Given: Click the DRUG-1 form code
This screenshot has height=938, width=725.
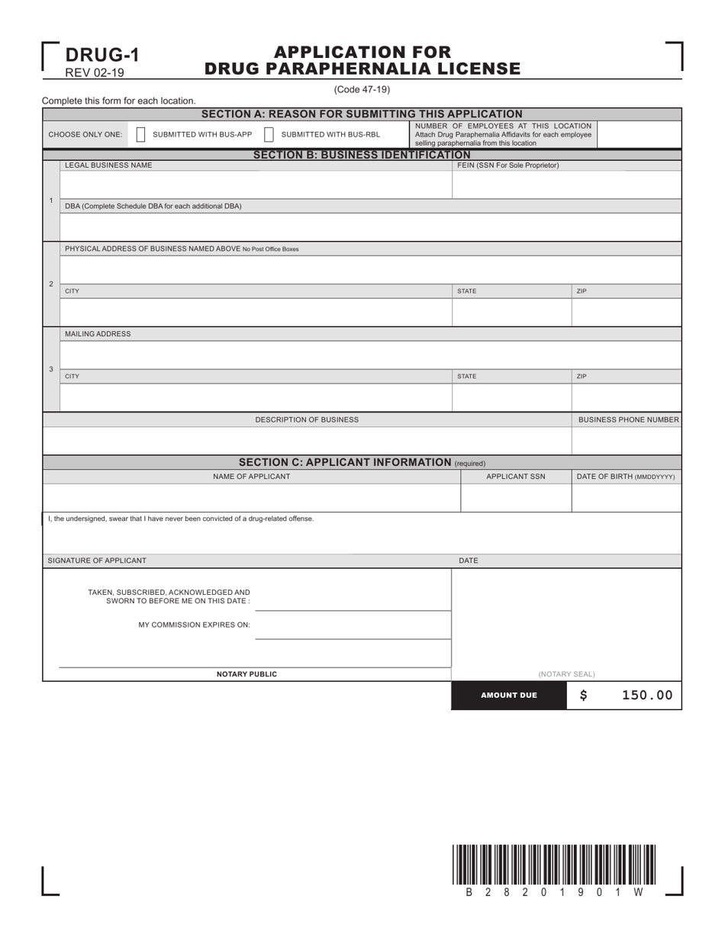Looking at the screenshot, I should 101,55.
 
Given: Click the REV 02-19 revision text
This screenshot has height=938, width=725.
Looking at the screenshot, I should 95,73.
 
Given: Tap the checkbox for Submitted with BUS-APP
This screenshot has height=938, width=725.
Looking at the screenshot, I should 140,134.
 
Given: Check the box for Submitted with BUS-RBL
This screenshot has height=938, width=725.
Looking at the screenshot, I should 269,134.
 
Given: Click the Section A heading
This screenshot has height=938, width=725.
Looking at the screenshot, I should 362,114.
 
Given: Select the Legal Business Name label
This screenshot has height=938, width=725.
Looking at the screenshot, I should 108,165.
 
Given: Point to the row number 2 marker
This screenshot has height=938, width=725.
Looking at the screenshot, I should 51,284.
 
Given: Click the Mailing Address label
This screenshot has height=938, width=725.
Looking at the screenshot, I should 98,334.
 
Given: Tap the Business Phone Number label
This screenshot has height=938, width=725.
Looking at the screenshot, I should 628,419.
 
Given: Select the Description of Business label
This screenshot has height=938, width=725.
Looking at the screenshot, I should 307,419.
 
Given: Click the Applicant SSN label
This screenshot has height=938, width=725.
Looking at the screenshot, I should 516,477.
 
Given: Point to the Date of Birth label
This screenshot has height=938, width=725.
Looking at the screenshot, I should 625,477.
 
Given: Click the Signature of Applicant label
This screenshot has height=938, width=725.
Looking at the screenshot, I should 97,561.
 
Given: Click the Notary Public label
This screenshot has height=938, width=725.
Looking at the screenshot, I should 246,674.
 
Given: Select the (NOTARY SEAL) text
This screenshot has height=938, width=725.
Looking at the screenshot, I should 566,674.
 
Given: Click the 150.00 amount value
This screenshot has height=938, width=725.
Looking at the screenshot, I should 648,695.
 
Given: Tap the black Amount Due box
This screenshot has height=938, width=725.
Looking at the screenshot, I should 508,695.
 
